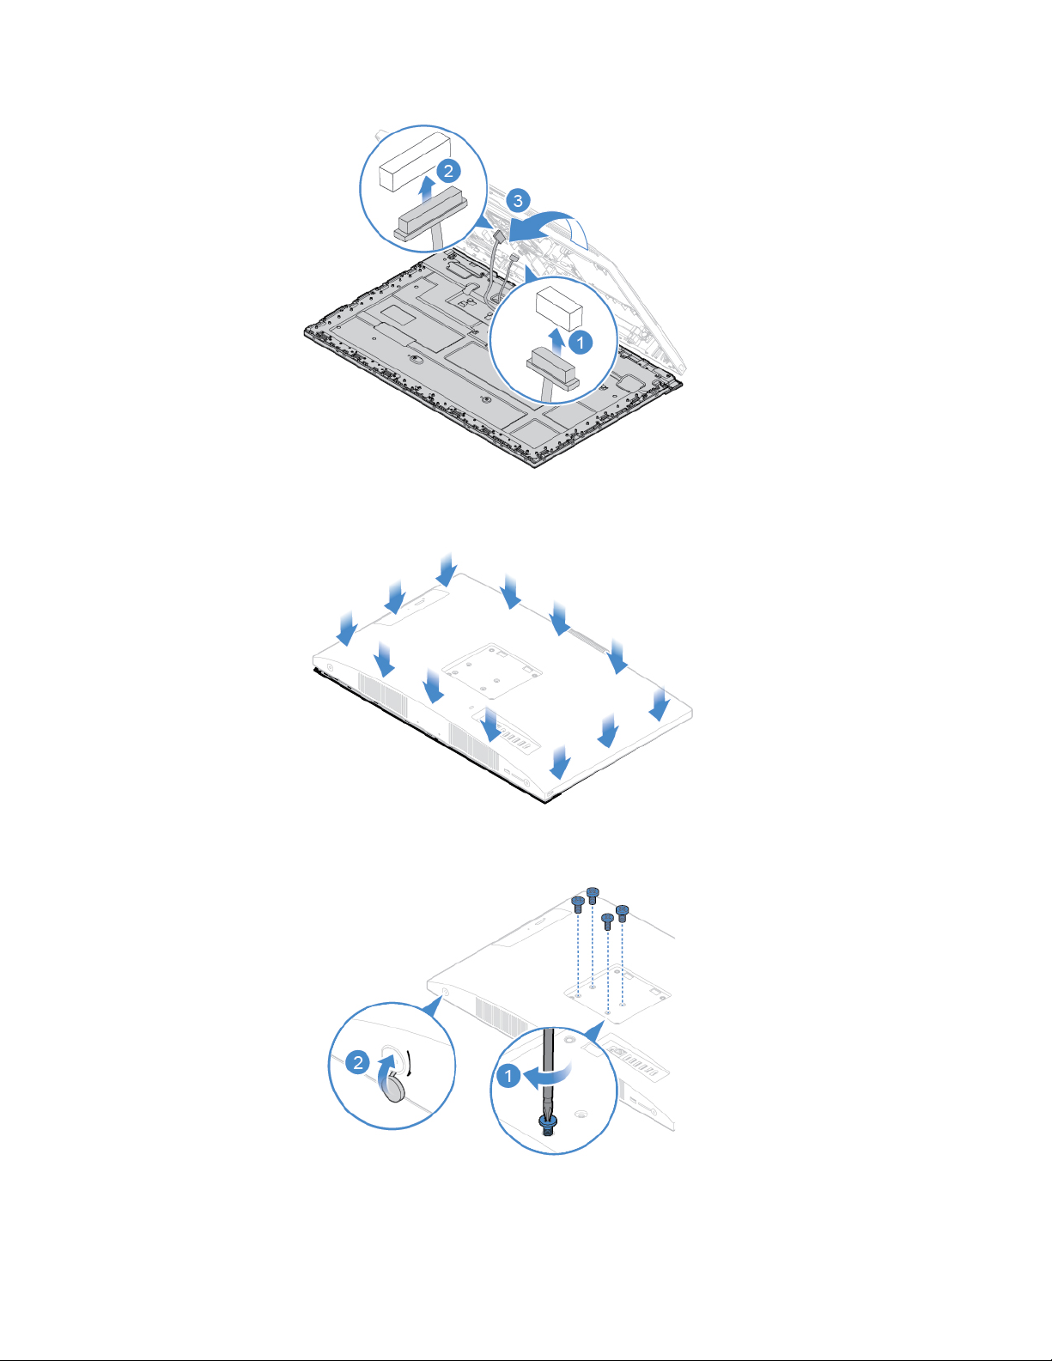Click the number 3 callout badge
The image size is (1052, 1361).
coord(518,201)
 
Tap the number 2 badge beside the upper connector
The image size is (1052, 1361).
coord(448,171)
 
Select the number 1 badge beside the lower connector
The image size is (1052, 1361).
coord(581,343)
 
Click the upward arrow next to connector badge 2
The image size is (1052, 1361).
coord(427,189)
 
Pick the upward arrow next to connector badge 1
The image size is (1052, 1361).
coord(556,341)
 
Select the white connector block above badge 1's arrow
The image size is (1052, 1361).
coord(559,308)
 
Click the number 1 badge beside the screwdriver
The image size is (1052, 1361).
coord(508,1076)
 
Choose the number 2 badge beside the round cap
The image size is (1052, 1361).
coord(357,1062)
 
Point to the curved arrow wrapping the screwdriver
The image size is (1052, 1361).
coord(548,1075)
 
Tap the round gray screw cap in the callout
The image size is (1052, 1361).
coord(394,1087)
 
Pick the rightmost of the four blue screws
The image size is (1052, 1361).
coord(622,913)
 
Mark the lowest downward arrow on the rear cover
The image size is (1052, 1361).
coord(560,763)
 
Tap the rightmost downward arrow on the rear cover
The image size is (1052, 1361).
coord(660,705)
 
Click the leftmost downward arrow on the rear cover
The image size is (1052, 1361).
coord(347,629)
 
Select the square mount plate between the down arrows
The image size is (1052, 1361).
coord(492,671)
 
